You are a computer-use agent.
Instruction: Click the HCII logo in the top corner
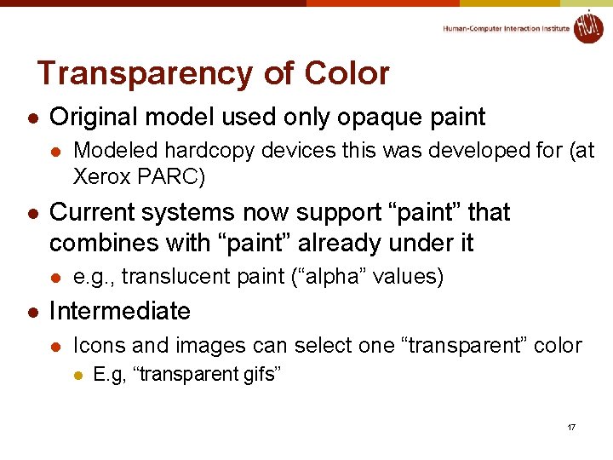click(587, 27)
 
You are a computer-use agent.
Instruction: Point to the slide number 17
click(570, 426)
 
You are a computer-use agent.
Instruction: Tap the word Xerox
click(101, 178)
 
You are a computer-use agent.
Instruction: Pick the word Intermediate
click(120, 311)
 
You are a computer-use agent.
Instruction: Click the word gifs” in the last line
click(261, 375)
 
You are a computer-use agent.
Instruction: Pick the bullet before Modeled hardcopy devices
click(54, 152)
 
